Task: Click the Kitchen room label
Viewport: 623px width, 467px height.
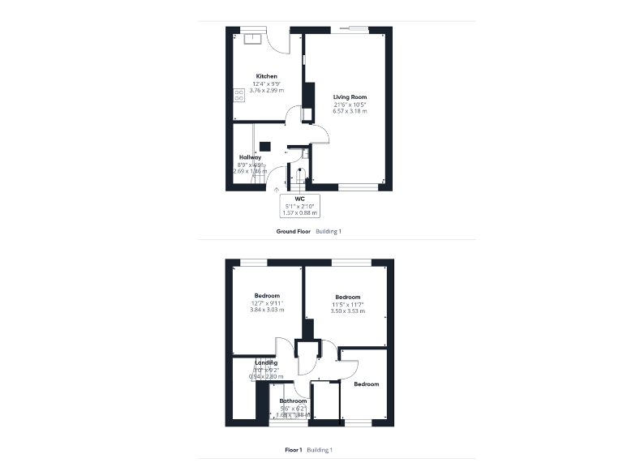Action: point(267,76)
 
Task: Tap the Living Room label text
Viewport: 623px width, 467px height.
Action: point(350,97)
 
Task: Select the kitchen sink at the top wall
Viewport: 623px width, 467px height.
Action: point(253,36)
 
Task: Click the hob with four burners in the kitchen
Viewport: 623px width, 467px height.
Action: point(239,96)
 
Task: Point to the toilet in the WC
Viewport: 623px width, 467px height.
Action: point(299,174)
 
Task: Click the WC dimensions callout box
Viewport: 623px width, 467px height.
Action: point(299,205)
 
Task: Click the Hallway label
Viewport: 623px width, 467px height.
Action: point(250,157)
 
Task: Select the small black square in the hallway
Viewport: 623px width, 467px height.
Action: point(264,147)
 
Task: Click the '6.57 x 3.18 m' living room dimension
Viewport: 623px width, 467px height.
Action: point(350,111)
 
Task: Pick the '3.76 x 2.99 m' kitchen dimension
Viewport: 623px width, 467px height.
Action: point(267,90)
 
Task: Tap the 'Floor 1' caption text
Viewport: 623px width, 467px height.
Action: point(294,449)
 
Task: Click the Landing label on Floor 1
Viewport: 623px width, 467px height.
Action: point(266,362)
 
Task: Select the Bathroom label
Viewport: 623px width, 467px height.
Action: point(294,401)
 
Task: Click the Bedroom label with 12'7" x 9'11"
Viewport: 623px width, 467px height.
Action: point(267,295)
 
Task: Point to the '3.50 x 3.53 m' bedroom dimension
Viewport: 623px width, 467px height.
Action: point(348,311)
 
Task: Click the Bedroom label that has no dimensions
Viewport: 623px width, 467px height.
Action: point(366,383)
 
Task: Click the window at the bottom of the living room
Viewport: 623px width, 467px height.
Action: point(358,188)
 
